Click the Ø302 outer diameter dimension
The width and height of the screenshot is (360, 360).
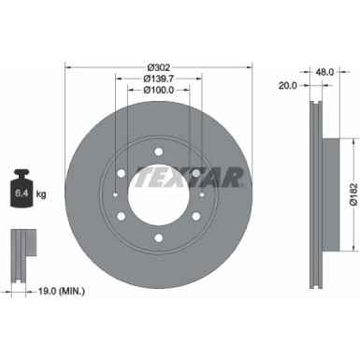158,65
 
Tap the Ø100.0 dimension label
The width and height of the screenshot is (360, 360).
158,91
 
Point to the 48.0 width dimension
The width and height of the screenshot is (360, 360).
325,70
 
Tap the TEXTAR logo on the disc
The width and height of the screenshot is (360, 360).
191,177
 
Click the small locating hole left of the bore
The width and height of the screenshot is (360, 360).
113,194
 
